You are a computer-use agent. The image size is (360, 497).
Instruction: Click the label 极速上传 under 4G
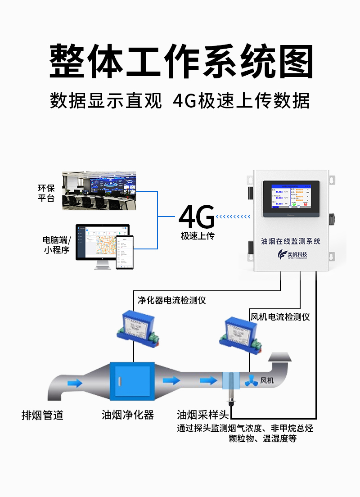[198, 236]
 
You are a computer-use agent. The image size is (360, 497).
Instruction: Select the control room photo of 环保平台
[99, 190]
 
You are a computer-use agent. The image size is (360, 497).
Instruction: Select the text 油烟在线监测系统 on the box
[291, 241]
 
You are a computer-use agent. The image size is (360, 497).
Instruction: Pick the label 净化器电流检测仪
[171, 300]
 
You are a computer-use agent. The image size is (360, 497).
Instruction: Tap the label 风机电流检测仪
[279, 317]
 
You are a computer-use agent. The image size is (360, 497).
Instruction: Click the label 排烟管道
[42, 415]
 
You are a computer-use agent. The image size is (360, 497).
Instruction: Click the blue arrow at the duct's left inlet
[75, 383]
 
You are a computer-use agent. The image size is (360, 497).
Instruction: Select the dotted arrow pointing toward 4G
[233, 217]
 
